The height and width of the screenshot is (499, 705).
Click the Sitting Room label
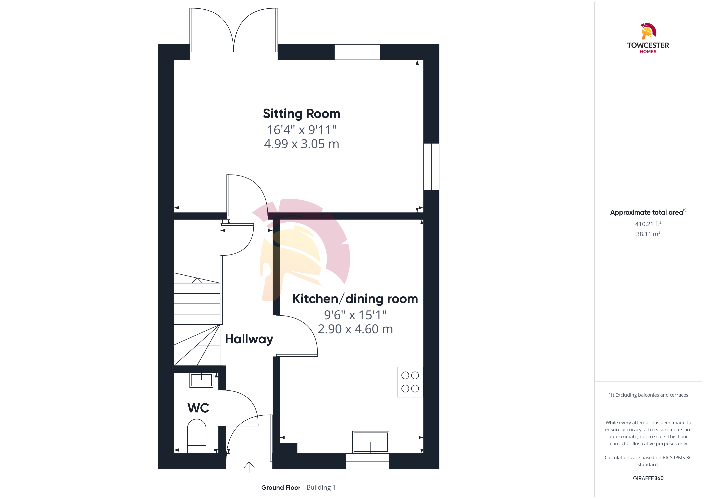point(302,114)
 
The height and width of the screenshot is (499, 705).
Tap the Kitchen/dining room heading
point(355,299)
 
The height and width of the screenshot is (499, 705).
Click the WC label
point(198,408)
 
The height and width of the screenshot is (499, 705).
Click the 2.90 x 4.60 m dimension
point(355,329)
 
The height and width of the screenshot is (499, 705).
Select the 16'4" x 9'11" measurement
point(302,130)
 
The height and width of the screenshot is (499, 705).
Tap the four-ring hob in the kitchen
point(410,382)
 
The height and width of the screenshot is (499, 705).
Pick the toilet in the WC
point(196,436)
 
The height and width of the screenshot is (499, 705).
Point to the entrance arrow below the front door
point(249,467)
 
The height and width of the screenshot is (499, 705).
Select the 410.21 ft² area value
point(648,224)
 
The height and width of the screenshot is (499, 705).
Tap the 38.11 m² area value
point(648,234)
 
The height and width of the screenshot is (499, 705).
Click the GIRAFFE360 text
point(648,478)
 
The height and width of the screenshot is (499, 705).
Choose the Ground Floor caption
point(281,488)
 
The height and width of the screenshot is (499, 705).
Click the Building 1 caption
point(321,488)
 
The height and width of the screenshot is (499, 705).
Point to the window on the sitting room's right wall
point(431,167)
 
